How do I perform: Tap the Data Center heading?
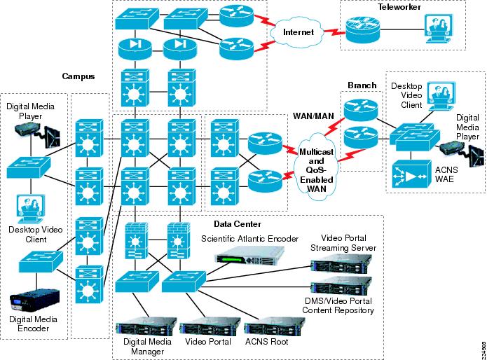pos(238,224)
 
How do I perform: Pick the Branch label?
pos(362,85)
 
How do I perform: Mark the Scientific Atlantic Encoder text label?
pos(250,239)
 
